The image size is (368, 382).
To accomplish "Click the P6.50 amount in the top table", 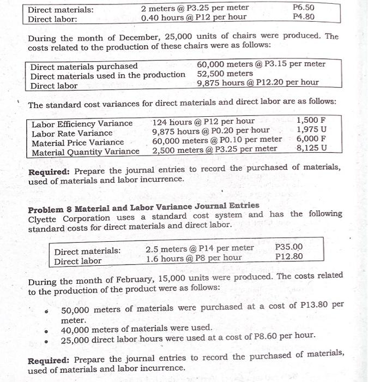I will (x=303, y=8).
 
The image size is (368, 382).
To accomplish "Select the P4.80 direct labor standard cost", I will (x=303, y=17).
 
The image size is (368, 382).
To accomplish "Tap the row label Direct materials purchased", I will (x=83, y=66).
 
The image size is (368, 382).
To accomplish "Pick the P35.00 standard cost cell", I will (x=289, y=247).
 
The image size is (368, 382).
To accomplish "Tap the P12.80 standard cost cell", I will (x=289, y=256).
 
